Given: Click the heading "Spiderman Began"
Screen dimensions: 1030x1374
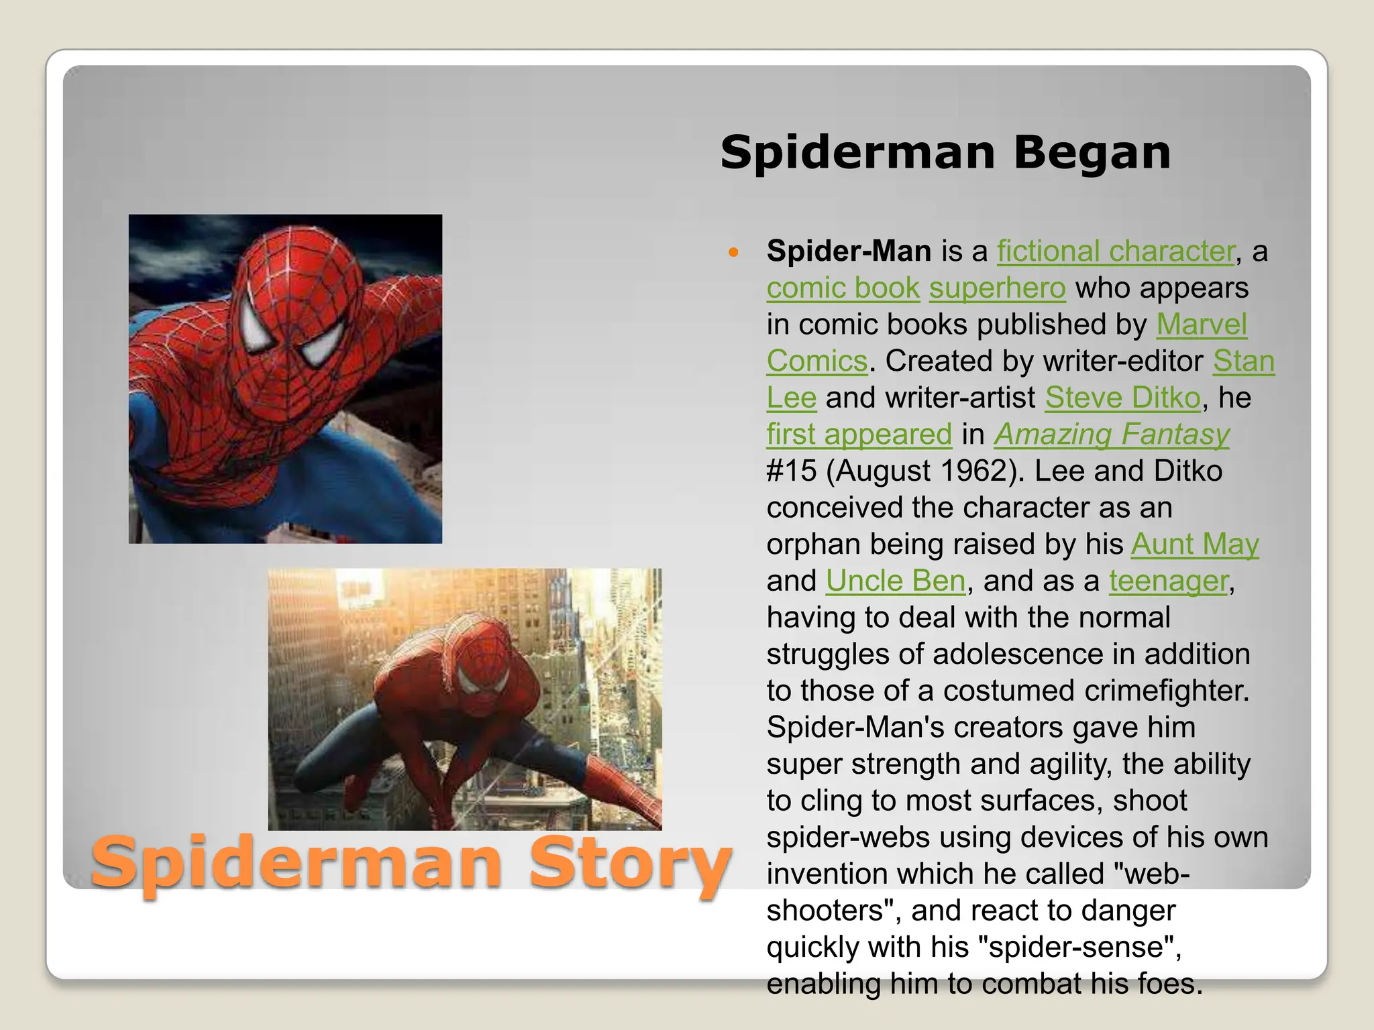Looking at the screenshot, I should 945,153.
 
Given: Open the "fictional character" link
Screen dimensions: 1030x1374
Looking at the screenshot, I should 1116,251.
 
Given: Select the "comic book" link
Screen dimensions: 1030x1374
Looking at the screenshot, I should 843,288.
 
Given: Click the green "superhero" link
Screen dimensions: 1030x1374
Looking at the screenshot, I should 997,288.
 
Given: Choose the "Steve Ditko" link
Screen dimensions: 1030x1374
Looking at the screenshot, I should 1122,398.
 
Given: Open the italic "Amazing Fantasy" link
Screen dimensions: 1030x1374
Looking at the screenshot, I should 1112,435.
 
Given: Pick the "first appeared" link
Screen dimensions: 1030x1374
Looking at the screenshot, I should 859,435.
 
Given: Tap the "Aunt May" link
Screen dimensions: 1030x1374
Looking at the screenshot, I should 1195,544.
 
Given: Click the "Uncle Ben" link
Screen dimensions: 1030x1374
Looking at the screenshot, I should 895,581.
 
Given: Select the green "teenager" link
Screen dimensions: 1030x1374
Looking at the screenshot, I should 1168,581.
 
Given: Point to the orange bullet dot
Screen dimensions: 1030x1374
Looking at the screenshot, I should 733,253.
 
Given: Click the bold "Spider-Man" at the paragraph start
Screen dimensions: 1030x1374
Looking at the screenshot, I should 849,251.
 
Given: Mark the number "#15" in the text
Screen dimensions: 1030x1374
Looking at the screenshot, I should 792,471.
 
